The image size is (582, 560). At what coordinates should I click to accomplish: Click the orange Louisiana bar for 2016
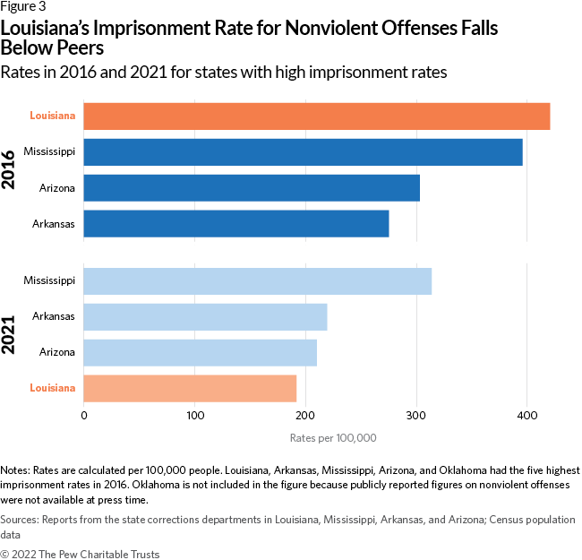316,116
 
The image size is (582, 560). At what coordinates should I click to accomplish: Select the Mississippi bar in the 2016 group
303,152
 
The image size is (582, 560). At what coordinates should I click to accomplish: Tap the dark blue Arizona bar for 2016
252,188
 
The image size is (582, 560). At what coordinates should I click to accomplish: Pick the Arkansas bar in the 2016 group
236,223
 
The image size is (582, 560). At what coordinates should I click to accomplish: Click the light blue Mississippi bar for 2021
257,281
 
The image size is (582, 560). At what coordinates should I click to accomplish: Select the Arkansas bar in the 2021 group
205,317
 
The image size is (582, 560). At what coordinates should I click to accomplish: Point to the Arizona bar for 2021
200,352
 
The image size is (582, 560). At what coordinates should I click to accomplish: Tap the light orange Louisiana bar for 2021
190,388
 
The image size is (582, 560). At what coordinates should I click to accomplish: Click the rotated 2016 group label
12,169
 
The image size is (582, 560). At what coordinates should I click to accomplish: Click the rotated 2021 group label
12,334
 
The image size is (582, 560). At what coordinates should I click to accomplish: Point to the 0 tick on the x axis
83,416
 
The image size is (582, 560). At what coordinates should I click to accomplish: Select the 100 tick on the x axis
194,416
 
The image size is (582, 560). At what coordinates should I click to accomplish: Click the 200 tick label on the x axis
305,416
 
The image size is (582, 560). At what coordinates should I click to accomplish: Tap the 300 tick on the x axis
416,416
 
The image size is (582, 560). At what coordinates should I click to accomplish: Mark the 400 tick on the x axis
527,416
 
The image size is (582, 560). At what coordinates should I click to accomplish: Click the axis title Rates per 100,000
333,438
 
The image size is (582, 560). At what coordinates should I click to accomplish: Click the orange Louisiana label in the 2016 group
52,116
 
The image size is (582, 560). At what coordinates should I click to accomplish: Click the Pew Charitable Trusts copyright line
80,553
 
